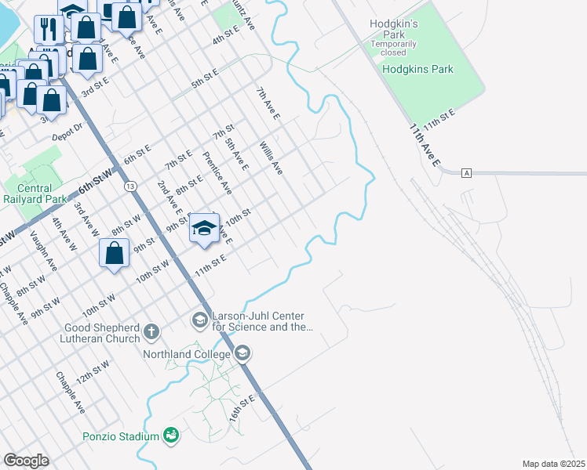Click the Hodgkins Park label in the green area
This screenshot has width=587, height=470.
tap(417, 69)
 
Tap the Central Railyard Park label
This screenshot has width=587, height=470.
tap(34, 193)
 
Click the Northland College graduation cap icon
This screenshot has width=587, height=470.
tap(242, 354)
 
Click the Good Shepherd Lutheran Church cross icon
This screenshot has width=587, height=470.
tap(151, 332)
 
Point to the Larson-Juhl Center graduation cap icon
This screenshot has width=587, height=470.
tap(199, 320)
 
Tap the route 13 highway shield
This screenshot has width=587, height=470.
tap(129, 186)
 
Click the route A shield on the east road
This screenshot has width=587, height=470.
tap(466, 172)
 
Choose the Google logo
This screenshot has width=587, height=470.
tap(26, 461)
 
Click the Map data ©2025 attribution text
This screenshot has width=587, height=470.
tap(552, 464)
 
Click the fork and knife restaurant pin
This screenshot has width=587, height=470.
tap(49, 29)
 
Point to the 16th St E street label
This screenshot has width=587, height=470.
tap(242, 408)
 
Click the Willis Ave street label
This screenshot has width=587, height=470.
tap(271, 158)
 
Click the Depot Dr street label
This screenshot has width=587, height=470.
tap(67, 132)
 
